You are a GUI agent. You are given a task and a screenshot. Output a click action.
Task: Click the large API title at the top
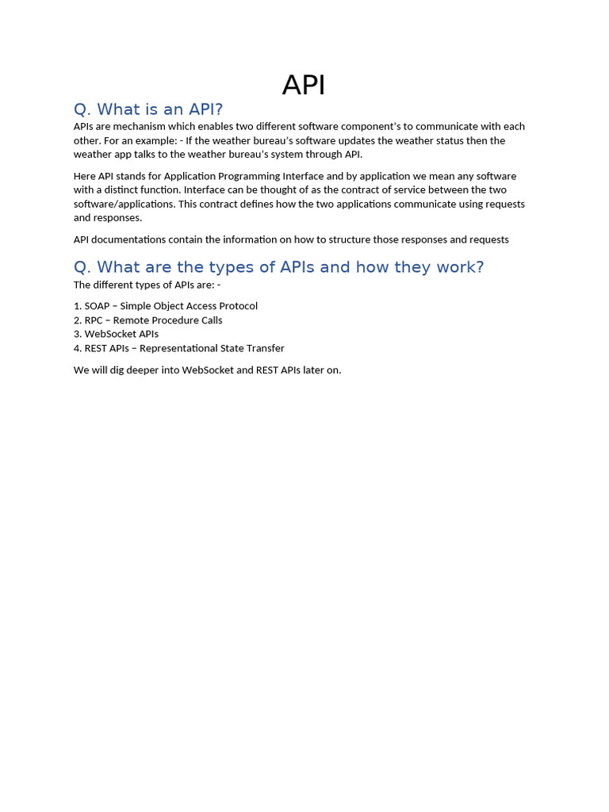(304, 86)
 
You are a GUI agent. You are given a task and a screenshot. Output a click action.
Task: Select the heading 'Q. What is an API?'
(148, 109)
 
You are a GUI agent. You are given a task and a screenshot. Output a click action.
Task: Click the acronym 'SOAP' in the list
(98, 306)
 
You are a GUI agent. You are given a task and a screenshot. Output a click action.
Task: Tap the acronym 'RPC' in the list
(94, 320)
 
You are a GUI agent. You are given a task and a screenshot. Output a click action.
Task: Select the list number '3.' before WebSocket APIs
(78, 334)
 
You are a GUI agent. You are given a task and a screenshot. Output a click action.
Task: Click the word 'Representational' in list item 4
(178, 348)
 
